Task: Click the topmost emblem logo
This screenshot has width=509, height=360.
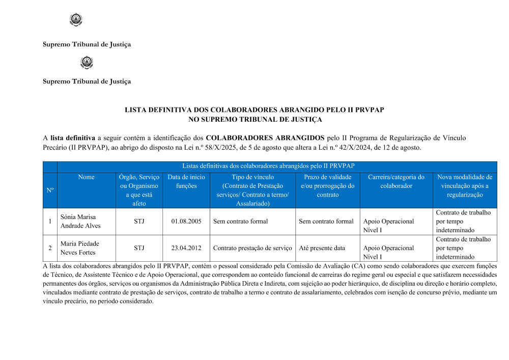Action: [75, 20]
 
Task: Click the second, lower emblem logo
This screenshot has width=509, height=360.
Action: [87, 63]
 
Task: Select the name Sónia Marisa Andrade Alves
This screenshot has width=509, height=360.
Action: [80, 221]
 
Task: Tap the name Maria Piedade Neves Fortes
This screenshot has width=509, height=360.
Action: [79, 248]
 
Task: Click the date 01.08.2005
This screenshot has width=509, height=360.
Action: [186, 221]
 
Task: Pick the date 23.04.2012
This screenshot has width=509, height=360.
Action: [186, 248]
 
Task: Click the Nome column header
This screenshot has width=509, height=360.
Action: [87, 177]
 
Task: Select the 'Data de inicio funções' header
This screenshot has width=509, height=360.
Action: [186, 182]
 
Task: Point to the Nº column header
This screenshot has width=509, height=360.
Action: [50, 190]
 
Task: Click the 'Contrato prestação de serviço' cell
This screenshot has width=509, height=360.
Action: [252, 248]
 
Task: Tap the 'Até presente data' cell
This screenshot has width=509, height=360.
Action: [322, 248]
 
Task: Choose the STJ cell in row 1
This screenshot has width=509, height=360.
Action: [139, 221]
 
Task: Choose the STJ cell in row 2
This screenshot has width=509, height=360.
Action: [139, 248]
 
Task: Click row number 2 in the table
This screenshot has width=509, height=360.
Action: [50, 248]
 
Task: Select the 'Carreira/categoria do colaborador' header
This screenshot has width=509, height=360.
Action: [396, 182]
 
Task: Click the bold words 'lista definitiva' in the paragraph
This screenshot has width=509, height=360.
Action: [73, 138]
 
